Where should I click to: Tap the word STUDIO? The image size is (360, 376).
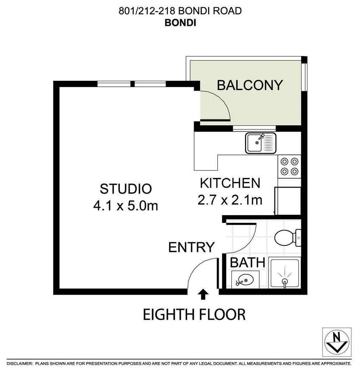[x=126, y=189]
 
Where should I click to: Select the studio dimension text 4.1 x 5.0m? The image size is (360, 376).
[x=126, y=206]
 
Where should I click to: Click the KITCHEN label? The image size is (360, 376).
[x=230, y=183]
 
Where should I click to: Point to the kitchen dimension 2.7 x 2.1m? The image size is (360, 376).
[x=230, y=200]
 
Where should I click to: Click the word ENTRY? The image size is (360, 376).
[x=191, y=247]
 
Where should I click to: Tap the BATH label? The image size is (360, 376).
[x=247, y=263]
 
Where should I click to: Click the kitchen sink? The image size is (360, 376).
[x=261, y=143]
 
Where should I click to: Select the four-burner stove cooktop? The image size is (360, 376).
[x=289, y=166]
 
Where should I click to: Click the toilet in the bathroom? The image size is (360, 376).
[x=287, y=238]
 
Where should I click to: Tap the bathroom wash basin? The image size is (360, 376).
[x=245, y=279]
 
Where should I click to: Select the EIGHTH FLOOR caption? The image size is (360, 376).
[x=194, y=314]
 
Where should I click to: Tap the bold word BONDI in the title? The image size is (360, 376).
[x=180, y=23]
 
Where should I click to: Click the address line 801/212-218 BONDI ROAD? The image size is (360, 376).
[x=180, y=11]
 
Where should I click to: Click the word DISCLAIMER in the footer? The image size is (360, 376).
[x=20, y=363]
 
